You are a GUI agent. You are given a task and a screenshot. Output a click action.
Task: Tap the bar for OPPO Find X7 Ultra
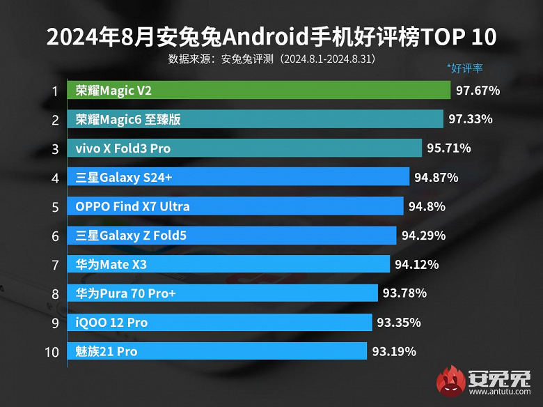coord(236,206)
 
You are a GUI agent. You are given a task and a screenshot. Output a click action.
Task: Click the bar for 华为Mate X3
coord(229,264)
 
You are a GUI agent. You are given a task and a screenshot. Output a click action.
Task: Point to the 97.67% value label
coord(478,91)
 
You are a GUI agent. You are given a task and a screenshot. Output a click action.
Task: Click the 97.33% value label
coord(471,119)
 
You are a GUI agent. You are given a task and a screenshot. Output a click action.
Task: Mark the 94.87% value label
coord(436,178)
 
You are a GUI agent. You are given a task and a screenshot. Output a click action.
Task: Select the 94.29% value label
coord(423,236)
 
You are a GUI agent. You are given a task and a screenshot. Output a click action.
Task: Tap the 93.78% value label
coord(404,293)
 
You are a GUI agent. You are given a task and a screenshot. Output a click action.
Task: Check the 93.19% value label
coord(394,351)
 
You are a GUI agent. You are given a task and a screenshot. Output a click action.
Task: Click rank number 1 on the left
coord(54,91)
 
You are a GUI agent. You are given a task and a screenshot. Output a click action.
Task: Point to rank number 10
coord(52,351)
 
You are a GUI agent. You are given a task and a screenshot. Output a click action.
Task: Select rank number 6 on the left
coord(54,236)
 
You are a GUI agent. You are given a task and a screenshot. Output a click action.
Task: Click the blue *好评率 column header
coord(464,68)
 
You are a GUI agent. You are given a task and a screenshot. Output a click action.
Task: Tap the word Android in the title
coord(269,36)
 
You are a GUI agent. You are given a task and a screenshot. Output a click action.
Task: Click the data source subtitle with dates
coord(271,59)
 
